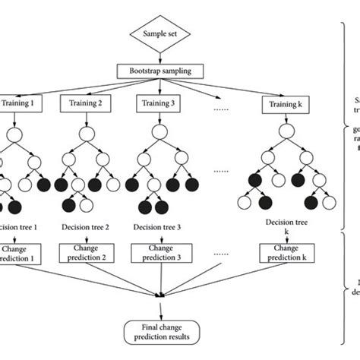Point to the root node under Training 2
click(x=88, y=132)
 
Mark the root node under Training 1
click(x=14, y=132)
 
